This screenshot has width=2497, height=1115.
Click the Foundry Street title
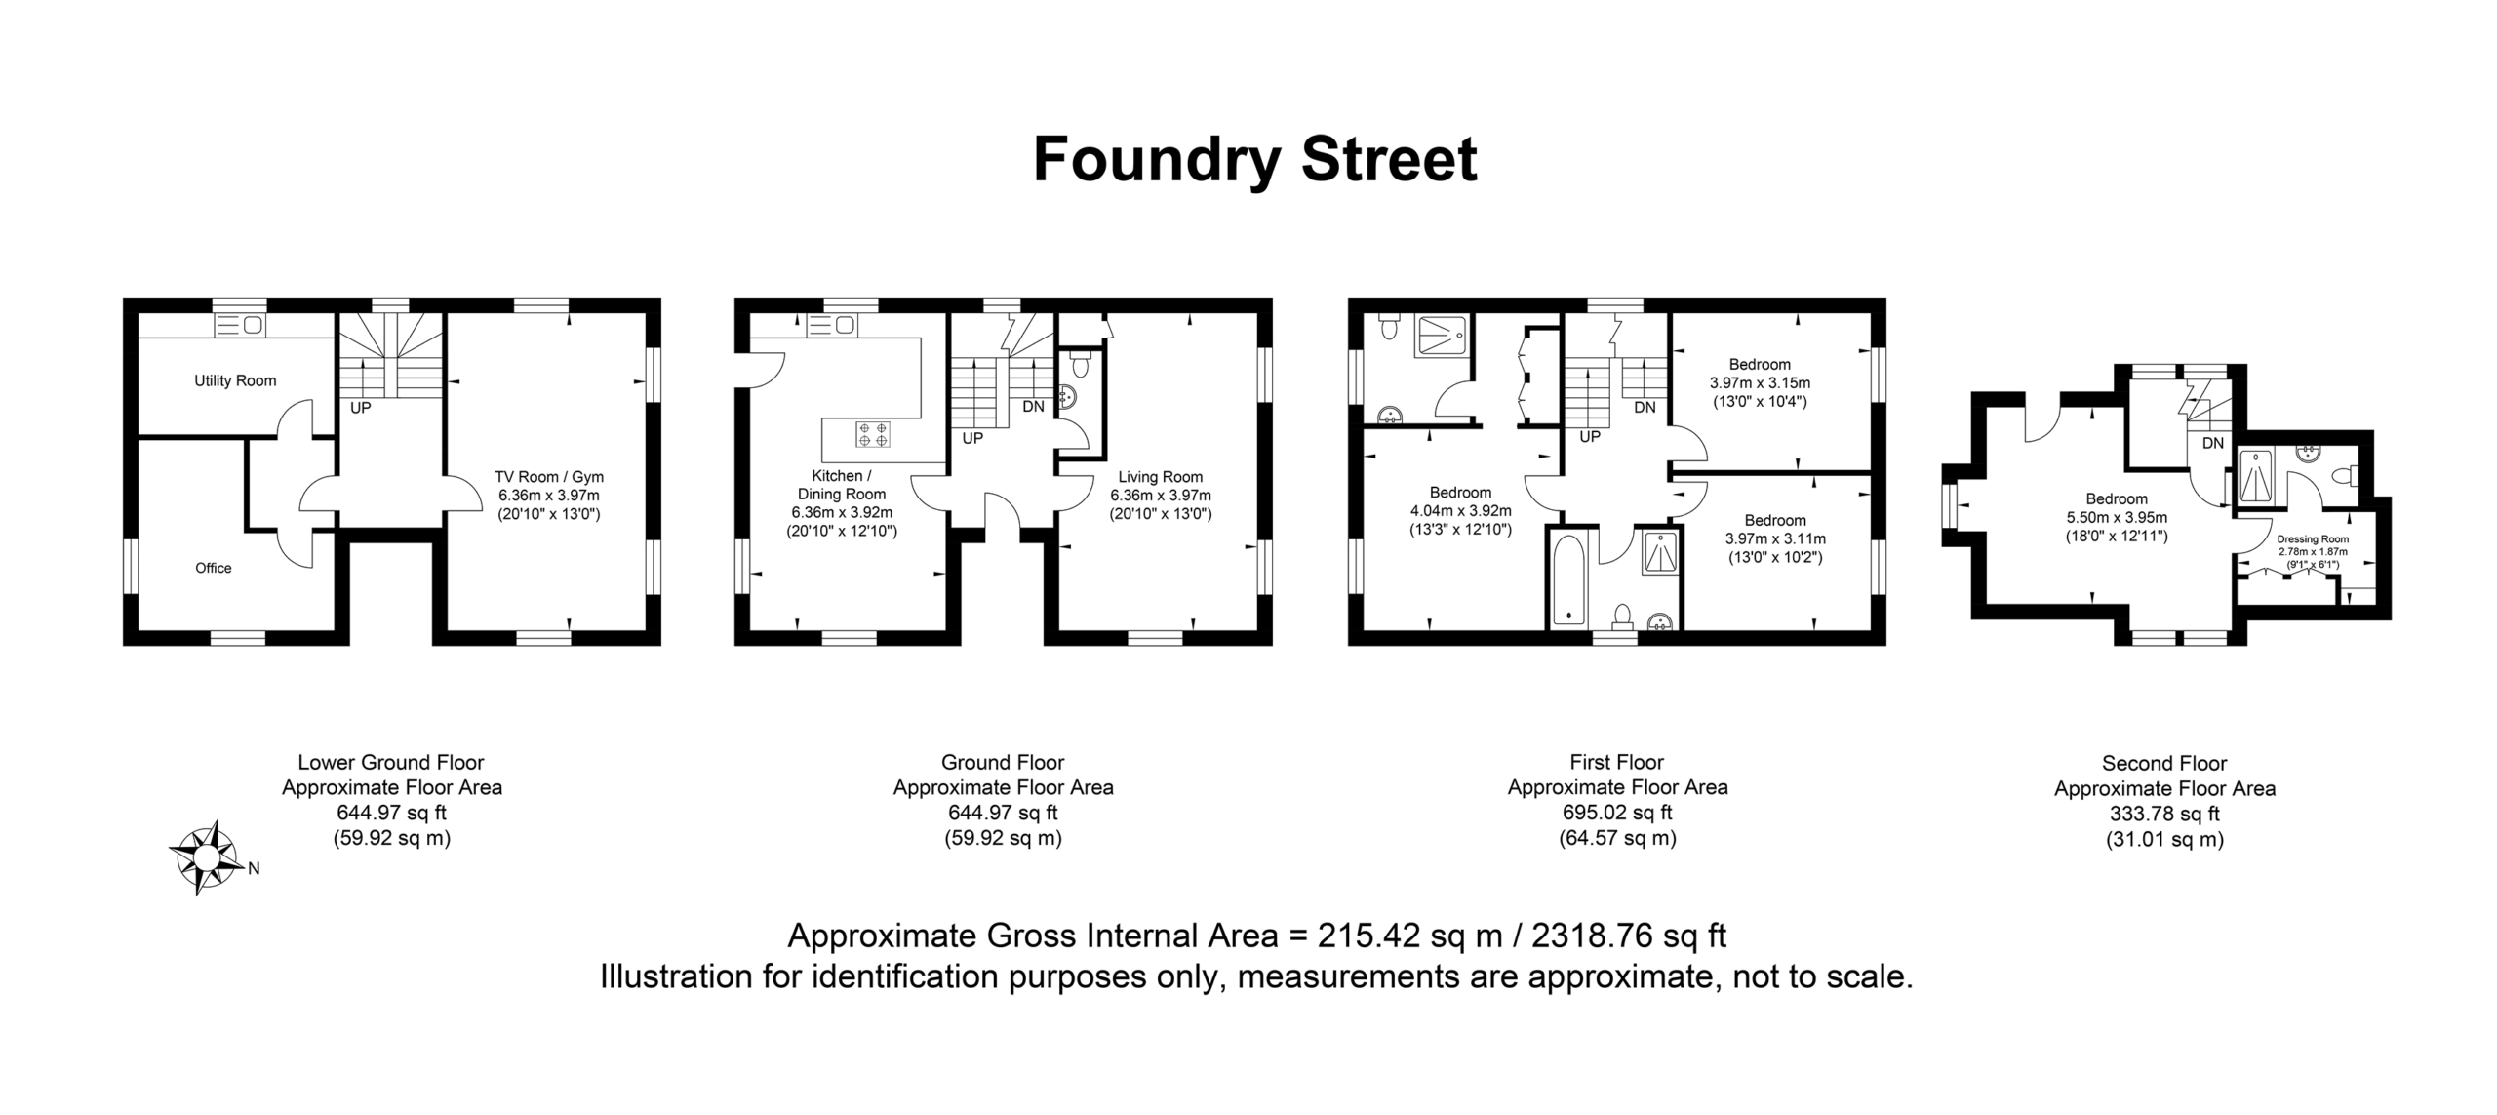coord(1255,160)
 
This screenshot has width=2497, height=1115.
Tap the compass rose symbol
coord(207,857)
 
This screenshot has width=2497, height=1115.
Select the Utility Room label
coord(235,380)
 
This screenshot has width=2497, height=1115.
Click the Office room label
coord(214,568)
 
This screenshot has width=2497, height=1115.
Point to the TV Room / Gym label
coord(549,477)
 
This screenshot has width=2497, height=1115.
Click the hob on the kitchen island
coord(872,434)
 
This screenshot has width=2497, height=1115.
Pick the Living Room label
coord(1161,477)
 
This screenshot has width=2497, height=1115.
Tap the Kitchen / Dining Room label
coord(842,485)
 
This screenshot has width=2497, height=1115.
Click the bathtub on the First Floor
coord(1568,579)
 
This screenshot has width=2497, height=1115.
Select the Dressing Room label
coord(2313,539)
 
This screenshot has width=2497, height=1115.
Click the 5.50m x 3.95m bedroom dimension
coord(2117,518)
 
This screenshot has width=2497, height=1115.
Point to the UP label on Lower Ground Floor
coord(361,409)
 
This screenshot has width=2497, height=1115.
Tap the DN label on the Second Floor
coord(2213,444)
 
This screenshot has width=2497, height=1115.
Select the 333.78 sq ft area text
coord(2164,814)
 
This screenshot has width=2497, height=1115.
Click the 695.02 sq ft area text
coord(1617,813)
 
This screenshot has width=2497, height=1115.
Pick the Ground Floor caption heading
coord(1003,763)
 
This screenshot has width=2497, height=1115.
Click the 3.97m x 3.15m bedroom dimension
coord(1760,383)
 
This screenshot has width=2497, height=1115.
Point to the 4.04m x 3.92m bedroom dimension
coord(1461,511)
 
